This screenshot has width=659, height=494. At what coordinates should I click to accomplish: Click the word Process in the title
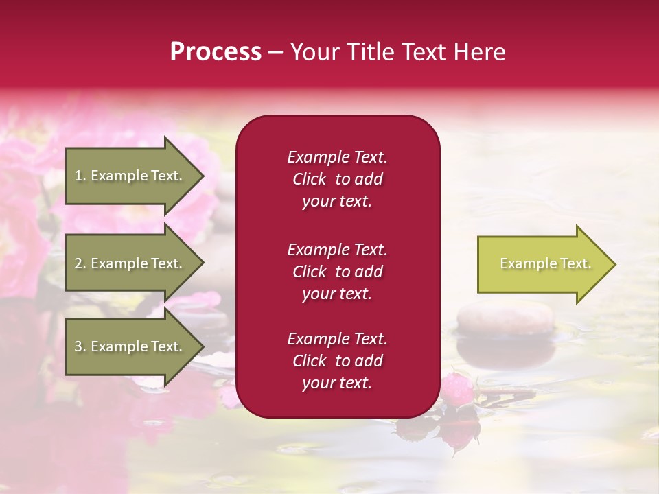216,52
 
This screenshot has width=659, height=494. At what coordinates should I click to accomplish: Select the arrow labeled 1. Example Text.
130,176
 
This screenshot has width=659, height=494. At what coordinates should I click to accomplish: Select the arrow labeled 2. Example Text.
130,263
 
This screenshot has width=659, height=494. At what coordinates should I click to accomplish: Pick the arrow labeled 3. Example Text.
130,346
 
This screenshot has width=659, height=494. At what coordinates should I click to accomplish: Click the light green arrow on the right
542,264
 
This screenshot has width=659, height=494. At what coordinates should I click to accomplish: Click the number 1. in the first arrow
80,176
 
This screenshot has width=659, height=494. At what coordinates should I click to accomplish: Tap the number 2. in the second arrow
80,263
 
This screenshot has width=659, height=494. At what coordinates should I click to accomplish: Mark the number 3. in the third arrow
80,346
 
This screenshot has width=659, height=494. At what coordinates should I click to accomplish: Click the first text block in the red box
337,179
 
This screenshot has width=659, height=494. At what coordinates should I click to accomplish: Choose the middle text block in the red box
337,272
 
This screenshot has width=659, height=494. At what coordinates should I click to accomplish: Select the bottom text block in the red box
337,361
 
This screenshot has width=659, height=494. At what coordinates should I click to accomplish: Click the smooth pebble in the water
505,320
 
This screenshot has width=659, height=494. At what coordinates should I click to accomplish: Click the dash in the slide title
275,52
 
